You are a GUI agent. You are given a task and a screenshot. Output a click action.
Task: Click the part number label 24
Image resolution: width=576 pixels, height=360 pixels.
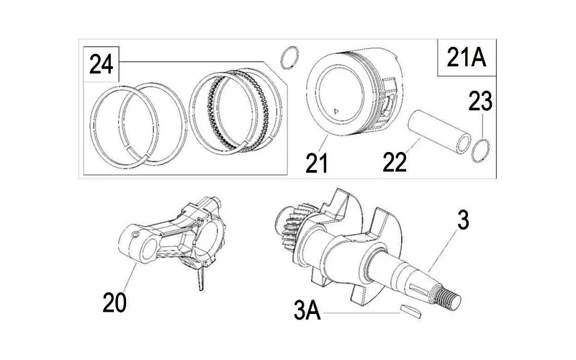tap(101, 64)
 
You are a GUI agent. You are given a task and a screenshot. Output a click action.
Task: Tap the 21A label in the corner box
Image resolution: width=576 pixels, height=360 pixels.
tap(466, 58)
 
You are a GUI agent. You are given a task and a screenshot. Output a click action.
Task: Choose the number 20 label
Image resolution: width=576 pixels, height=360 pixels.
tap(114, 302)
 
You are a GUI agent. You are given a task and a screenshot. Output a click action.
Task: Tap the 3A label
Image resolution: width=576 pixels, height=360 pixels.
tap(307, 310)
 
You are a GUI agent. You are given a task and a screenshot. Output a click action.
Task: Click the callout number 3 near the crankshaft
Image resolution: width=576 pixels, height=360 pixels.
tap(463, 220)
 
